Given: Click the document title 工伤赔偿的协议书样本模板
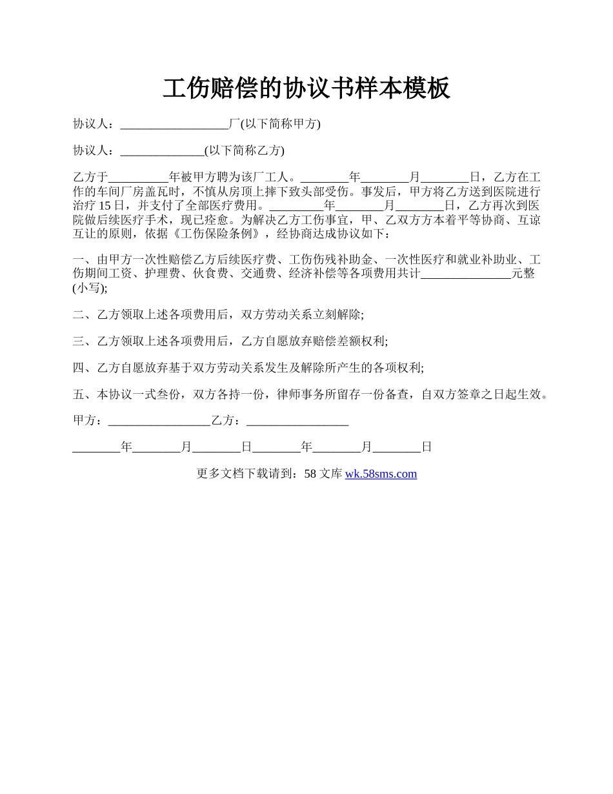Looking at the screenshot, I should pyautogui.click(x=306, y=88).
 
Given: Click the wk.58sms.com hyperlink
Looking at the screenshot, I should pyautogui.click(x=381, y=474).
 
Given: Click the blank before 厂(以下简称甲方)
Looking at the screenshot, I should pyautogui.click(x=174, y=124).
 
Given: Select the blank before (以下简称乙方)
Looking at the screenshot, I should pyautogui.click(x=162, y=151).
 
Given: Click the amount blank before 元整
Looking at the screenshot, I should pyautogui.click(x=465, y=274).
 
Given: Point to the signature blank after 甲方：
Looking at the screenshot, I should pyautogui.click(x=159, y=421).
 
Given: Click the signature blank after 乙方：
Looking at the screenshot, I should pyautogui.click(x=297, y=421).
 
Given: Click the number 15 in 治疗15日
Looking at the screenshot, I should pyautogui.click(x=106, y=206).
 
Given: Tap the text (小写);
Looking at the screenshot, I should pyautogui.click(x=90, y=288).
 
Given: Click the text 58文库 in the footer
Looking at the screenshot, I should pyautogui.click(x=323, y=474).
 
